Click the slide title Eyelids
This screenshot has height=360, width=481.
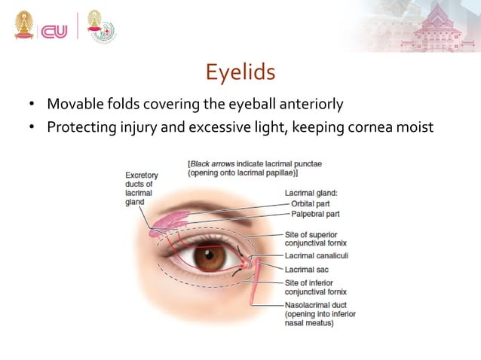click(x=240, y=73)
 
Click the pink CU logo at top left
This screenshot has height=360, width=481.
click(x=54, y=30)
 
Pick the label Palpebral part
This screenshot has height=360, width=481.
click(x=320, y=213)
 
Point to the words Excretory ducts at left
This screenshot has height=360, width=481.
click(x=142, y=180)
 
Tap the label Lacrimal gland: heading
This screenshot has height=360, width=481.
click(x=311, y=193)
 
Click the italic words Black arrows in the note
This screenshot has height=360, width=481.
click(x=213, y=163)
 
